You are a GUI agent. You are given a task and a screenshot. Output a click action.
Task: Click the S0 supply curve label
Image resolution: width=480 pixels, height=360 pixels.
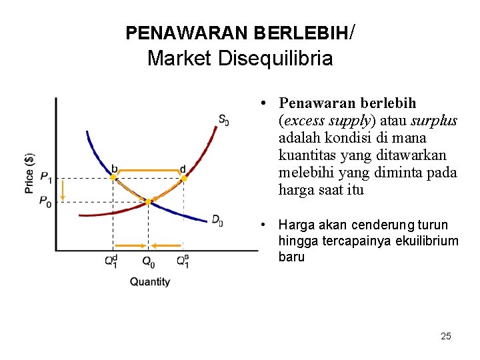pyautogui.click(x=223, y=121)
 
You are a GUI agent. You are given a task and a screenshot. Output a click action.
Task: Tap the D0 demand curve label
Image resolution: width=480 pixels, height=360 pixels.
pyautogui.click(x=217, y=219)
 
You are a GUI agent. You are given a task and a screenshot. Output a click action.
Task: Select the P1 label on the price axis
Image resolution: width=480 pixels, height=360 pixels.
pyautogui.click(x=46, y=177)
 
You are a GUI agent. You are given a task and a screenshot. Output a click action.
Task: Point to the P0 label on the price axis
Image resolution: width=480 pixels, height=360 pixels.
pyautogui.click(x=45, y=201)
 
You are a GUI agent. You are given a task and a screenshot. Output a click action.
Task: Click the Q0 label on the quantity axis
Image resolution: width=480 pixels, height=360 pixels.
pyautogui.click(x=149, y=261)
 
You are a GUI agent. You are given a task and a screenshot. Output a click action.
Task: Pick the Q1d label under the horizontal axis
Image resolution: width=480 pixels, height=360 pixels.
pyautogui.click(x=112, y=261)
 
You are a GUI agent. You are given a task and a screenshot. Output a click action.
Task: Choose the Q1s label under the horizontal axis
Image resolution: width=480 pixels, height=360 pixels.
pyautogui.click(x=183, y=261)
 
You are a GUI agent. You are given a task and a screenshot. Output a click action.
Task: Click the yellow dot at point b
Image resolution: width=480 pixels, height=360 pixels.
pyautogui.click(x=113, y=178)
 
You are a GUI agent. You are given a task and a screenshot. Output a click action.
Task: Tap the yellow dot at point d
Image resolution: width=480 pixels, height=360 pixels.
pyautogui.click(x=184, y=178)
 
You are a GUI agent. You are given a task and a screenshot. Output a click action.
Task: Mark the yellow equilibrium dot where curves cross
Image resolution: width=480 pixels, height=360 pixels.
pyautogui.click(x=148, y=201)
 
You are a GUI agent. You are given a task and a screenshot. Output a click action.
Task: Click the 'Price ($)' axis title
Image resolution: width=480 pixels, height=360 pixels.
pyautogui.click(x=29, y=173)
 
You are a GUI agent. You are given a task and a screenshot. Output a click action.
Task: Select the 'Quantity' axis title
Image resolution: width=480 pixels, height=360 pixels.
pyautogui.click(x=150, y=282)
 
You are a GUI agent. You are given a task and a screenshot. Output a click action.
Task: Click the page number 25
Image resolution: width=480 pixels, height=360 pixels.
pyautogui.click(x=445, y=336)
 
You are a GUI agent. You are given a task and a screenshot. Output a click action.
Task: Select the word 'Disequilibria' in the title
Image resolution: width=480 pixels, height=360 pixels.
pyautogui.click(x=275, y=59)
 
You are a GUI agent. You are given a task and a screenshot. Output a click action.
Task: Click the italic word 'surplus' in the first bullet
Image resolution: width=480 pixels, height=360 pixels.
pyautogui.click(x=434, y=121)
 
